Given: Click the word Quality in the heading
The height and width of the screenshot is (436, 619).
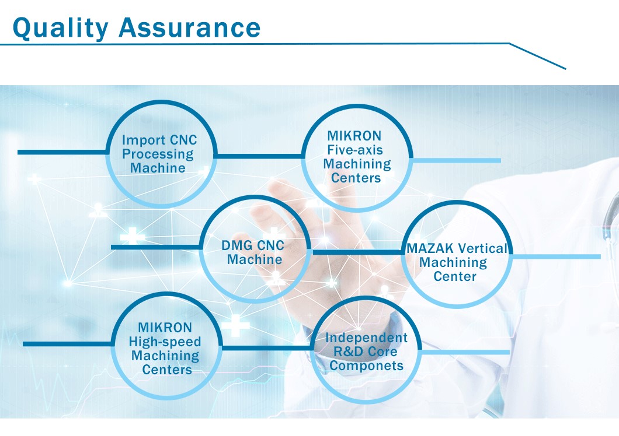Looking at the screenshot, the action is click(60, 29).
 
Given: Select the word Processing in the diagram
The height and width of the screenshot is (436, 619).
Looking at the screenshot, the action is click(158, 154).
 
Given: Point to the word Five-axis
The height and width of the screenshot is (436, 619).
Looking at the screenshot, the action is click(355, 150).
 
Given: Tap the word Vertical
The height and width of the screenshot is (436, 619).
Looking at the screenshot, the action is click(482, 248).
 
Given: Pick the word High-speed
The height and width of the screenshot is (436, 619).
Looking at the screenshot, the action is click(165, 342).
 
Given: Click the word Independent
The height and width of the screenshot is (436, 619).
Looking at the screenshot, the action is click(366, 337).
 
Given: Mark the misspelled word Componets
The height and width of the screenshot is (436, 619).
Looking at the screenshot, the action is click(366, 366).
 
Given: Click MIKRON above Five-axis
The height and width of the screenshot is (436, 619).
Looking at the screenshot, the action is click(354, 136).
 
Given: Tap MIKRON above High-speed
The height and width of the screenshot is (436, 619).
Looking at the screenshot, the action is click(165, 328).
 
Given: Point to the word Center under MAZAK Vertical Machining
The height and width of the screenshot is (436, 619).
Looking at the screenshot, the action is click(455, 276).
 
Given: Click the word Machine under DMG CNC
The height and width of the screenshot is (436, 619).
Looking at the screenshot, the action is click(255, 259).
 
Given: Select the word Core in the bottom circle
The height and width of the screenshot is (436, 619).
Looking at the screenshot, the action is click(382, 351).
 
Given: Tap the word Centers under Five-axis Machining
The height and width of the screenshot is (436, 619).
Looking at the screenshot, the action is click(356, 178).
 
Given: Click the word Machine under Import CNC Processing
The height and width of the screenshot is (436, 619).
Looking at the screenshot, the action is click(158, 168).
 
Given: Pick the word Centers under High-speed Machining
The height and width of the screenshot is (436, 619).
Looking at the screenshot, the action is click(167, 370).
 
